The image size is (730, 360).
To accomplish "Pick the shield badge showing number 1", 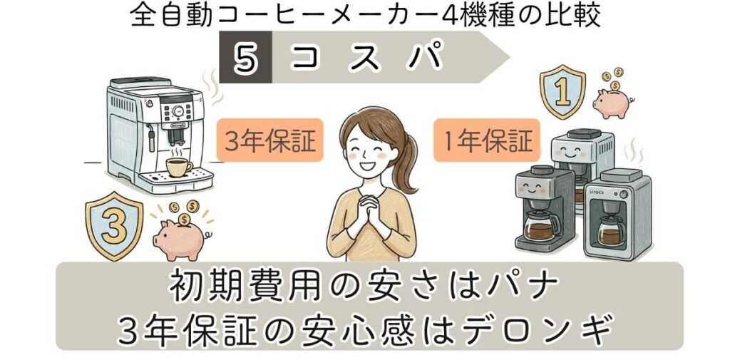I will tap(562, 93).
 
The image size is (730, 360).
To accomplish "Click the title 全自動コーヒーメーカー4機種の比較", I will tap(365, 16).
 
